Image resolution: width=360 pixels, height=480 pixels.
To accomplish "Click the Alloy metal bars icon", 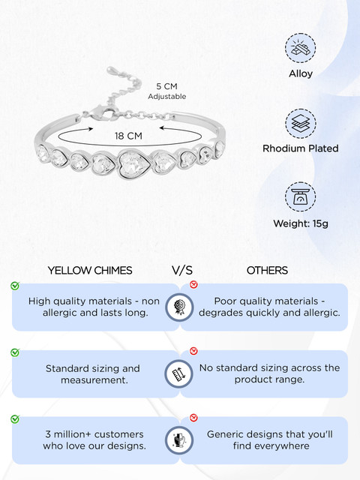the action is [300, 48].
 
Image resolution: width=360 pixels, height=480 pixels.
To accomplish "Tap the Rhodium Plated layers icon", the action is [300, 124].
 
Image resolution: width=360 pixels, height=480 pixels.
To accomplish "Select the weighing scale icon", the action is [300, 196].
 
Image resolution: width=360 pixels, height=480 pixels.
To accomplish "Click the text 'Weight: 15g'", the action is [301, 223].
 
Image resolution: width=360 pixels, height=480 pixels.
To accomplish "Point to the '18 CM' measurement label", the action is [128, 136].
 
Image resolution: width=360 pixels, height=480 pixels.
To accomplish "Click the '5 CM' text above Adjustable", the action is [166, 86].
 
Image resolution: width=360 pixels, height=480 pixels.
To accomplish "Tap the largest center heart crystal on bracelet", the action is [134, 164].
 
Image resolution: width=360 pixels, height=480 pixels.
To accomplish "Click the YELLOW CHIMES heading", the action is [90, 270].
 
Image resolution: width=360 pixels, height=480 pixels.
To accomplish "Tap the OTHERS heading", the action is [267, 270].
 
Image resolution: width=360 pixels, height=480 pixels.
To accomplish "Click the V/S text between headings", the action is [182, 270].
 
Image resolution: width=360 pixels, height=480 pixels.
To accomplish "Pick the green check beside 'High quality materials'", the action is [15, 285].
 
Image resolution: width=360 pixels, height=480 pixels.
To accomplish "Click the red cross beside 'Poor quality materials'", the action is [193, 284].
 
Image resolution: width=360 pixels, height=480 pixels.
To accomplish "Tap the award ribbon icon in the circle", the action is [179, 307].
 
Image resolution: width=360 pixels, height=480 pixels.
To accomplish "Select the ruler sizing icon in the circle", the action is [179, 373].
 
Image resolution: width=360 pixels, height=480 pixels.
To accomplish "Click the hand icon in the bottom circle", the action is [179, 440].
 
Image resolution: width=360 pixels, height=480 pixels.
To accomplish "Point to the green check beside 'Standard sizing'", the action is [15, 352].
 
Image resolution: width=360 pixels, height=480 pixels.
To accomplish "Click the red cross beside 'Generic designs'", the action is [193, 418].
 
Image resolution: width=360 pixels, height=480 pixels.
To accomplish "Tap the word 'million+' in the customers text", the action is [73, 434].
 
